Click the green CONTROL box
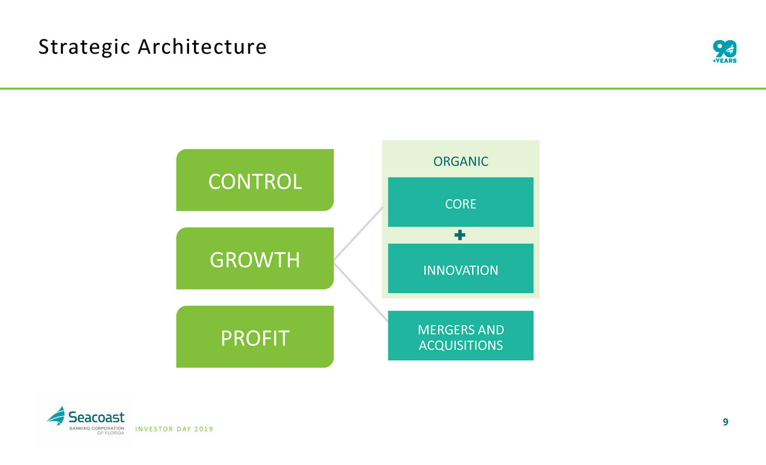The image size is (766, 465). (255, 180)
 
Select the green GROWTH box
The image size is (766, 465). (255, 258)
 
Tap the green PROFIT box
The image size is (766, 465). (255, 337)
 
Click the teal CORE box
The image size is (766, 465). (461, 202)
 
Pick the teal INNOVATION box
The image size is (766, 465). (461, 268)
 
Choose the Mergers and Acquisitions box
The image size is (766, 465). (461, 335)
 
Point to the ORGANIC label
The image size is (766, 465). (461, 162)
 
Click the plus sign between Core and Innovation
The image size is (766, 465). (460, 235)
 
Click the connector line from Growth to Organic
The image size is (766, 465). (358, 233)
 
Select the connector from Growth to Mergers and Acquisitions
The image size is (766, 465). (361, 292)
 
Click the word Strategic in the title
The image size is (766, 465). (84, 47)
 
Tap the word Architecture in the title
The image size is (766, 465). (202, 47)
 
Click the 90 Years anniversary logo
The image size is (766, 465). (725, 51)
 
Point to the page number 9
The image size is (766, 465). (725, 422)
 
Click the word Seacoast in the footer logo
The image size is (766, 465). (96, 417)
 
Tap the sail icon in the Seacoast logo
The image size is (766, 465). (56, 415)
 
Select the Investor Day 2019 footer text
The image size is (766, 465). (174, 429)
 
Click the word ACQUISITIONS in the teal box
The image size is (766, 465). (461, 345)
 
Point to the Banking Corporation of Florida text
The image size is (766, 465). (97, 430)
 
